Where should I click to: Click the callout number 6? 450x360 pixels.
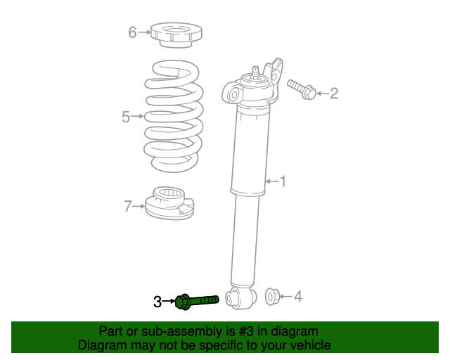click(x=131, y=32)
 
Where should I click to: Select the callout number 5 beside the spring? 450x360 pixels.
click(x=126, y=117)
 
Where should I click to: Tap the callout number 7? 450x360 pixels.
click(x=128, y=206)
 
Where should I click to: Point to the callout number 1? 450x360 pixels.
click(x=283, y=182)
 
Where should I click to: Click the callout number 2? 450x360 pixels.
click(x=334, y=92)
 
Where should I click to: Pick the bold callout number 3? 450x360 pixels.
click(x=157, y=302)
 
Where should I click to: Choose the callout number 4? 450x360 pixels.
click(x=297, y=297)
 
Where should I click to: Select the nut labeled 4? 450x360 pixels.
click(x=271, y=296)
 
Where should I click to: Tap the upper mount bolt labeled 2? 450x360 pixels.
click(x=302, y=89)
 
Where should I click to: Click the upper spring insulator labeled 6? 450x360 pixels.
click(x=176, y=34)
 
